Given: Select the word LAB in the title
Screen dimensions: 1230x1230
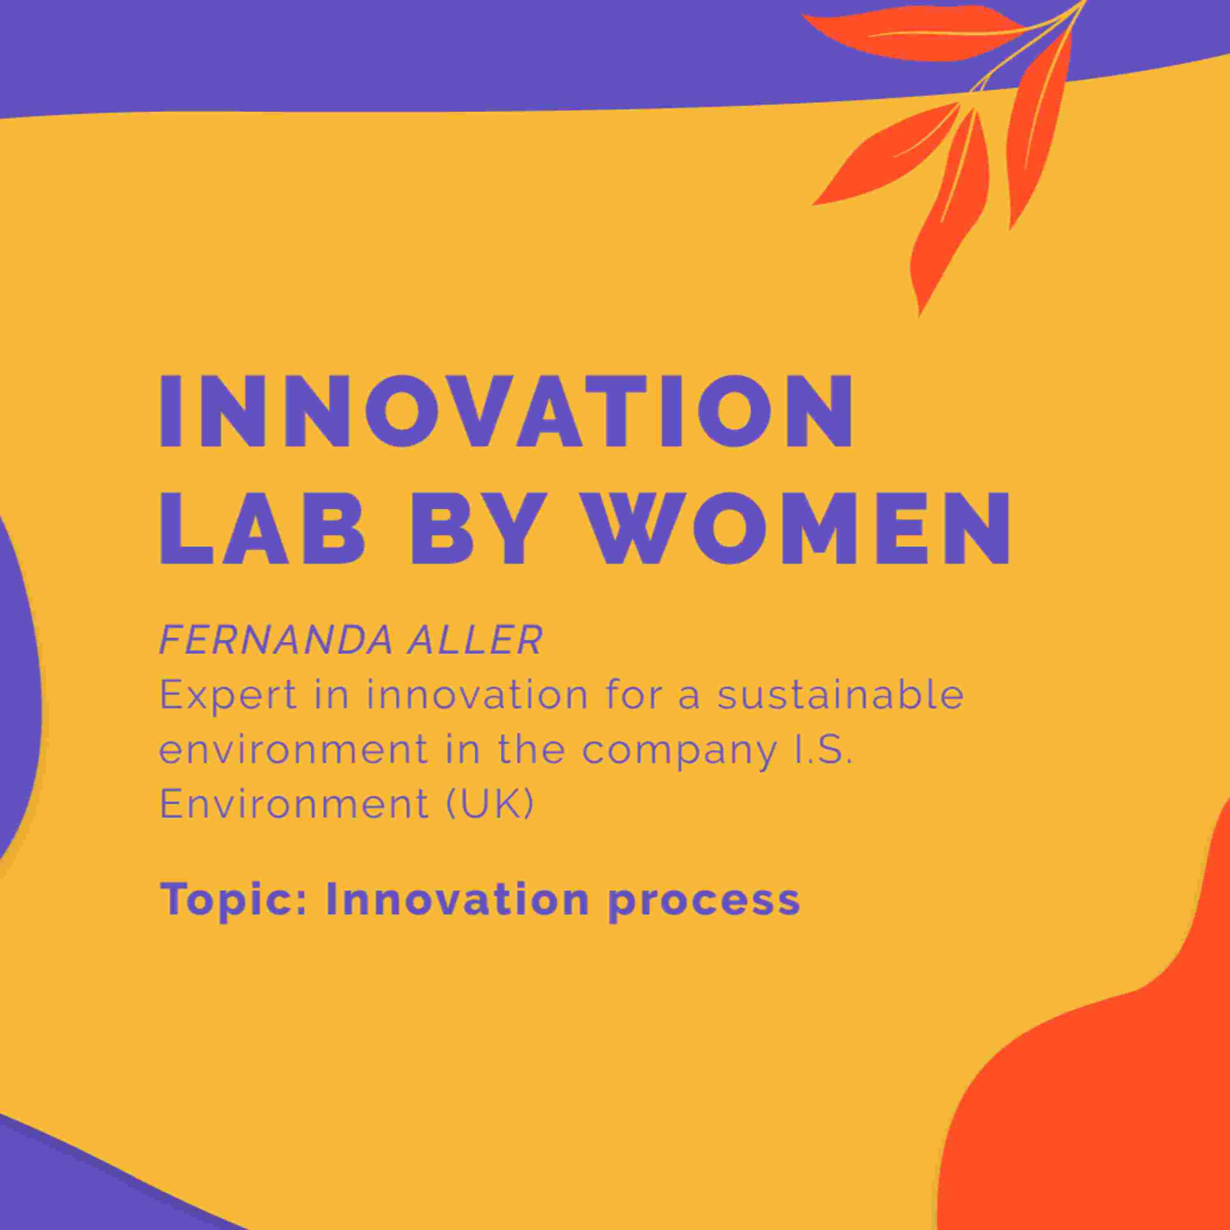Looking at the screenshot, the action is coord(263,529).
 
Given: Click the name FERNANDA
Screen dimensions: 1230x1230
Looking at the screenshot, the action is coord(276,640).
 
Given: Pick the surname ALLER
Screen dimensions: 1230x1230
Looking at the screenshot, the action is coord(475,640).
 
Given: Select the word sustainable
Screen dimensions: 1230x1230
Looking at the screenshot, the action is coord(840,694).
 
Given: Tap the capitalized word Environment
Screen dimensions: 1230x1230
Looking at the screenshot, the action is coord(294,804).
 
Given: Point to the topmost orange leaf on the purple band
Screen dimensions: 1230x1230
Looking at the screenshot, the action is coord(917,33).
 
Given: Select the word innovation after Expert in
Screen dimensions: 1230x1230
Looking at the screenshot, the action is coord(478,694).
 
